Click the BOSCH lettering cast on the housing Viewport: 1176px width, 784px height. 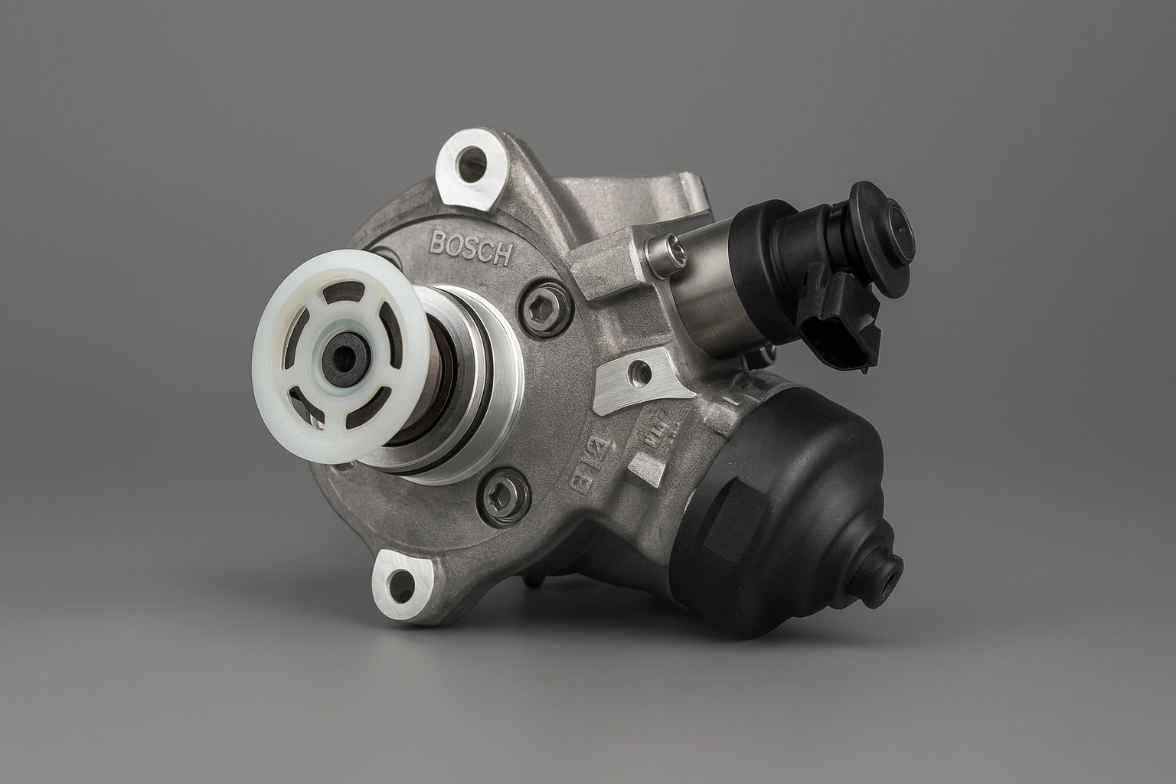[470, 248]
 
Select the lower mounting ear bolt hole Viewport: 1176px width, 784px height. [398, 583]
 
